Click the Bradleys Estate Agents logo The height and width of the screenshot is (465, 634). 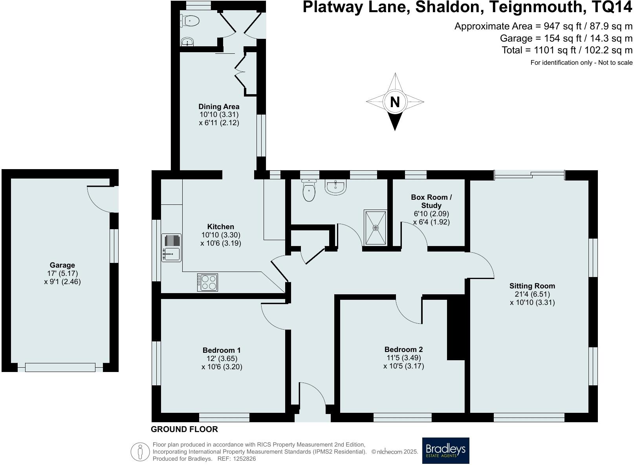445,450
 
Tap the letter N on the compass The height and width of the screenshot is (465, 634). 395,102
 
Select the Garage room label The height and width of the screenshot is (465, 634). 62,265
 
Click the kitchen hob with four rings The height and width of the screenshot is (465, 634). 207,282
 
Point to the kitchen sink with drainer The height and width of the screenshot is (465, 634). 171,248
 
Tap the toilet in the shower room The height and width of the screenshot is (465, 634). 310,191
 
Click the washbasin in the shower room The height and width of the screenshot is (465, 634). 335,186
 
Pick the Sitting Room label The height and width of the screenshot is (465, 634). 532,286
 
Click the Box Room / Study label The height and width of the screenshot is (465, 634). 431,201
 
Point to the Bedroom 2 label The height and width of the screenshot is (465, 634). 403,349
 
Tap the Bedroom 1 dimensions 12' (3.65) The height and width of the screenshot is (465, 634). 222,359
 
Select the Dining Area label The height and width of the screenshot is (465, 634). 219,106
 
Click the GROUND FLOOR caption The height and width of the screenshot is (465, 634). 184,429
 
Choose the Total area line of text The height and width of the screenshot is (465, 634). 567,50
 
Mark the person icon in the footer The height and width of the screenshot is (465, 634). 140,452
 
